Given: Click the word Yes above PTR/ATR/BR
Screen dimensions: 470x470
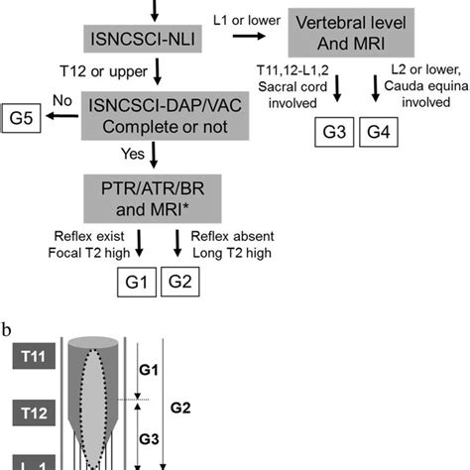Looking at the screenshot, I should [135, 154].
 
